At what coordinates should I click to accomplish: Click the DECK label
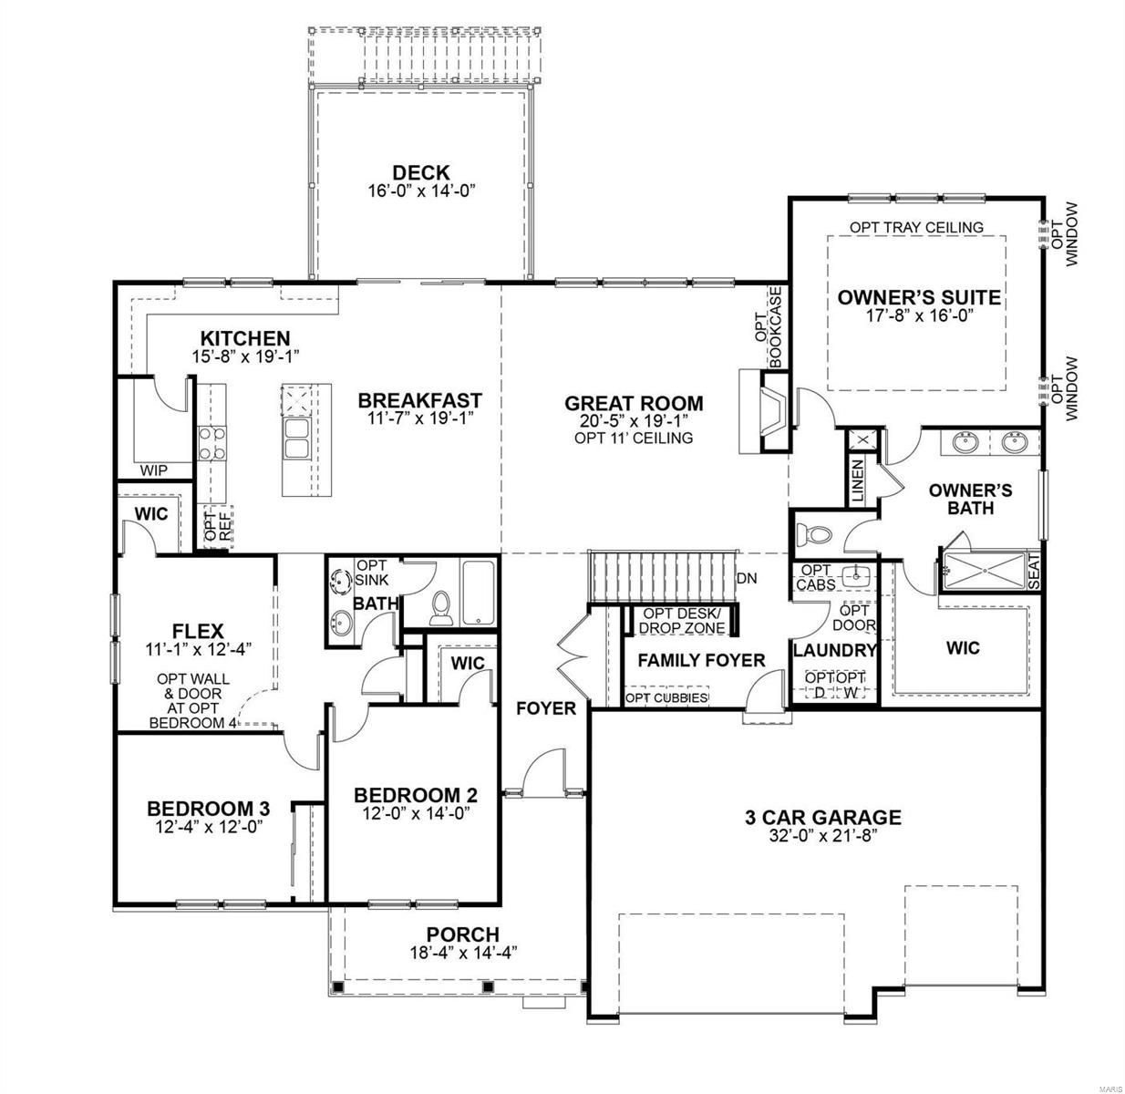(x=420, y=172)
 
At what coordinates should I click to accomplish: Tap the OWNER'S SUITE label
(x=918, y=297)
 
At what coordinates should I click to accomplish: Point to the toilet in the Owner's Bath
(x=814, y=533)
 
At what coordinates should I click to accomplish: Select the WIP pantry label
(x=153, y=470)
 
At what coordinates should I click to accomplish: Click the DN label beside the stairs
(x=746, y=578)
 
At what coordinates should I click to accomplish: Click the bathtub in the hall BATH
(x=479, y=593)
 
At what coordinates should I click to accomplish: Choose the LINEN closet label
(x=857, y=480)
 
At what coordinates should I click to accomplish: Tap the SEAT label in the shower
(x=1033, y=571)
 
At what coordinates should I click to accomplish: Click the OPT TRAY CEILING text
(x=916, y=227)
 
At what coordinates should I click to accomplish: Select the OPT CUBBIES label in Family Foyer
(x=666, y=697)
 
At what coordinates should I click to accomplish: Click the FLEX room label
(x=198, y=631)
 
